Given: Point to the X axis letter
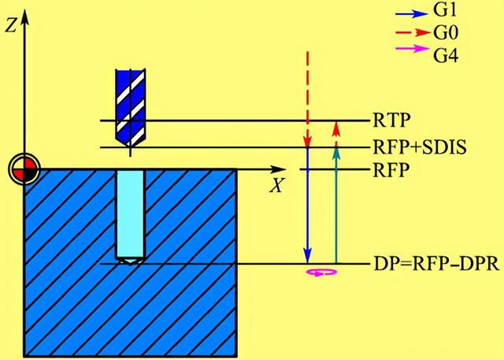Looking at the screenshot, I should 276,187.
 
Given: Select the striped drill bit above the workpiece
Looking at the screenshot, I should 129,102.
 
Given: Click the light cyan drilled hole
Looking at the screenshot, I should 130,213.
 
